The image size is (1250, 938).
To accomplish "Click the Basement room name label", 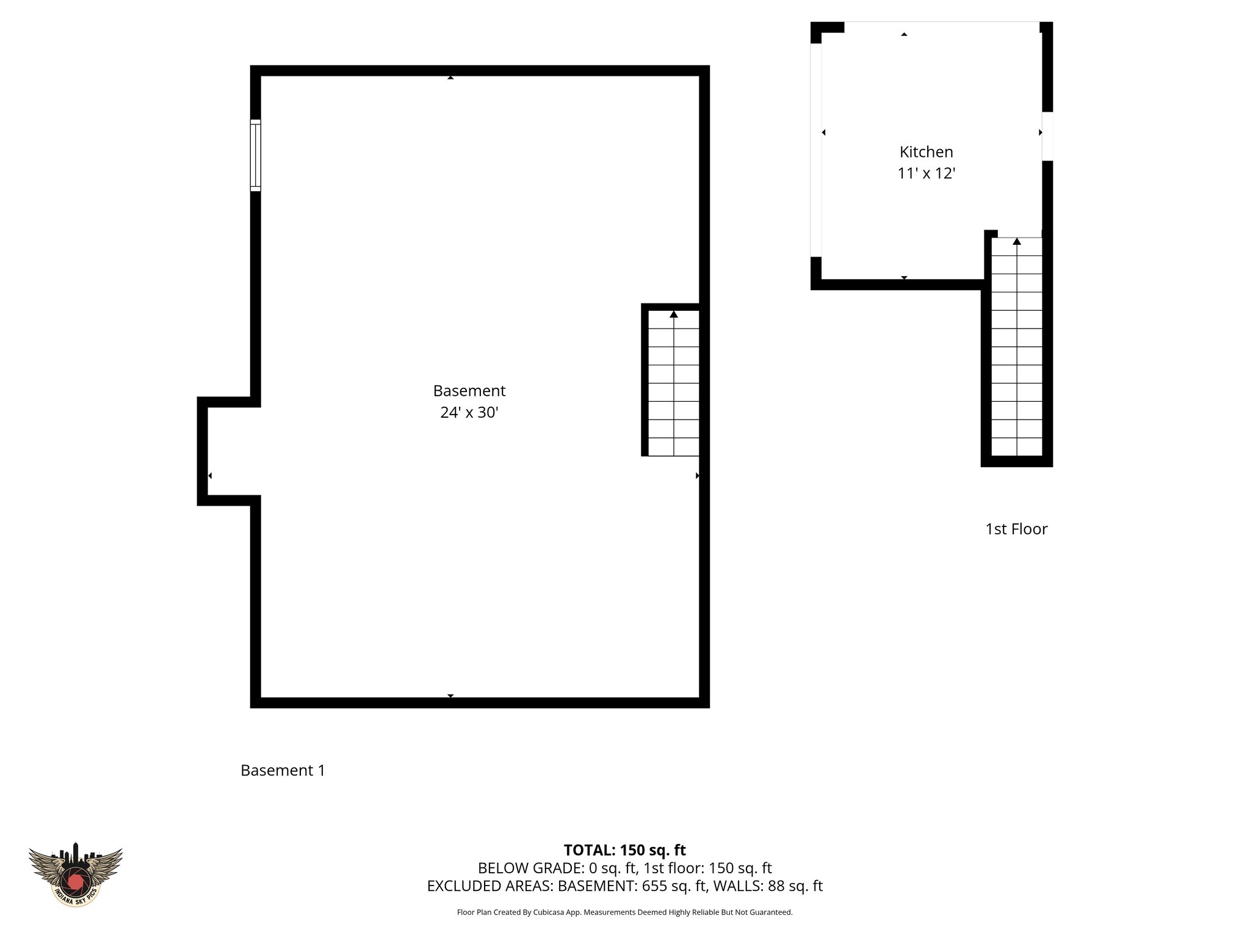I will (469, 391).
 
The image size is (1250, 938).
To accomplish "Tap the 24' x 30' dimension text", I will (469, 413).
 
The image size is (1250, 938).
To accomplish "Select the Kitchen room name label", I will (926, 152).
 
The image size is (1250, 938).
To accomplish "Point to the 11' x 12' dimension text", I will (926, 174).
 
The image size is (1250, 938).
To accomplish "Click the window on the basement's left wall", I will (255, 156).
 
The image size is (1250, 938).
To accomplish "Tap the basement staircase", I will (673, 384).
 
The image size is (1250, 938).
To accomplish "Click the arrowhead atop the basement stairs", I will (674, 314).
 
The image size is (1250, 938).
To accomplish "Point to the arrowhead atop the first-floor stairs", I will (1016, 242).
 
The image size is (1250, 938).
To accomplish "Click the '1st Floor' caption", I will (1016, 529).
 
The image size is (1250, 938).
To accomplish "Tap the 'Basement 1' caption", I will (283, 771).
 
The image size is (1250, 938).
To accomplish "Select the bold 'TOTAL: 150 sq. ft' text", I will (624, 850).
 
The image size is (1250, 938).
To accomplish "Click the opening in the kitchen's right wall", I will (1047, 136).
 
